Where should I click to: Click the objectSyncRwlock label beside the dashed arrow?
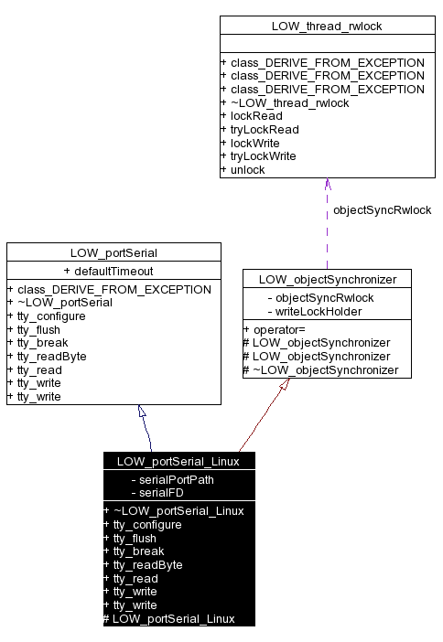click(382, 209)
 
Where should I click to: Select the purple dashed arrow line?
click(327, 229)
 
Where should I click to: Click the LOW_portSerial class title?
click(113, 252)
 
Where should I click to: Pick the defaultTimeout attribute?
click(113, 271)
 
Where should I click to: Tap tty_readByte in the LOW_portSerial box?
click(52, 356)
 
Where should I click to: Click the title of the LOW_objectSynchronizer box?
click(327, 279)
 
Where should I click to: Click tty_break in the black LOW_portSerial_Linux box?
click(138, 551)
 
